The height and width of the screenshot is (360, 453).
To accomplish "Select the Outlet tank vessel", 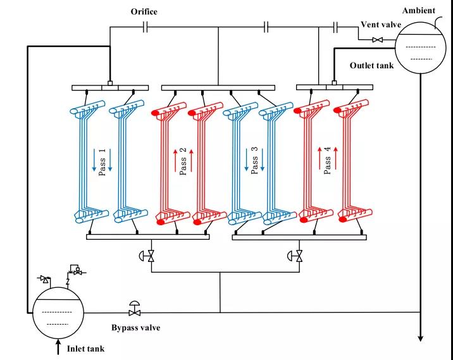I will coord(419,47).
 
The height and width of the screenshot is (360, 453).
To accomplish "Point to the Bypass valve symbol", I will coord(134,311).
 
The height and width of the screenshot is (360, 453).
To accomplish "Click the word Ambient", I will coord(418,11).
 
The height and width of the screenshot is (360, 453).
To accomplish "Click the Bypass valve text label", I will coord(136,327).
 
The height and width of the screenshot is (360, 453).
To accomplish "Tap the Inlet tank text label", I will coord(85,348).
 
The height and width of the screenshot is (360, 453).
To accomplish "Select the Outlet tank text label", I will coord(373,65).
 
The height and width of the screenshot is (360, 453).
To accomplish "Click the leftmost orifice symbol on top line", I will coord(146,27).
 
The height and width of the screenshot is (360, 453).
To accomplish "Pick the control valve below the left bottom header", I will coord(151,256).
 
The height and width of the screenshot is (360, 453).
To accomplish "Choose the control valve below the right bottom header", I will coord(299,256).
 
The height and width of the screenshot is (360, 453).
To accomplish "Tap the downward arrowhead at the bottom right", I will coord(420,338).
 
